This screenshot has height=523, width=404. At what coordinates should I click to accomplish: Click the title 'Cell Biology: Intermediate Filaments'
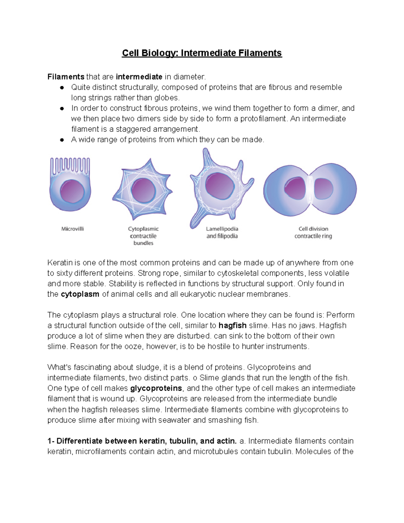point(202,53)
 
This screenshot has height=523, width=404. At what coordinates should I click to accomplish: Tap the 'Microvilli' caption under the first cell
point(72,229)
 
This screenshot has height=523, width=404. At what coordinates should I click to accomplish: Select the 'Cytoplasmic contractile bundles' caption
point(143,236)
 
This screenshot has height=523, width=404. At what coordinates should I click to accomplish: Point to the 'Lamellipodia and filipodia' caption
point(222,232)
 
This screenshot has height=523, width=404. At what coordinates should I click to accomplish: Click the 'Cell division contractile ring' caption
point(313,232)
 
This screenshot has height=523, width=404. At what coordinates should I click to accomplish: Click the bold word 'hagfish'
point(232,326)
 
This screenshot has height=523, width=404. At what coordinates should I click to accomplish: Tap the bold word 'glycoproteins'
point(156,388)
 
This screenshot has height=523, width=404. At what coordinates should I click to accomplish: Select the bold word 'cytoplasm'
point(80,294)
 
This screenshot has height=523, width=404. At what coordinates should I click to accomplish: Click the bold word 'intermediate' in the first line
point(139,77)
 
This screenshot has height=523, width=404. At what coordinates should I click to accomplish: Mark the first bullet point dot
point(62,88)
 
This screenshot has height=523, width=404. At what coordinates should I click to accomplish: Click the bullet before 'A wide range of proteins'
point(62,140)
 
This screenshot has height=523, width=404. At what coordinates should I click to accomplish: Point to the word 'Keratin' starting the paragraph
point(60,263)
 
